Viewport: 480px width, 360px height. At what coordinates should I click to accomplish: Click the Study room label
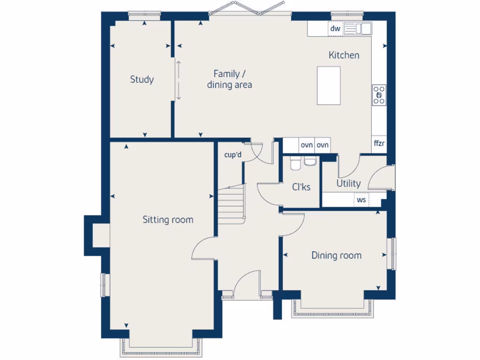tap(142, 80)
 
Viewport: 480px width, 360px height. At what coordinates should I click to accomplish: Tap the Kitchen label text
tap(344, 55)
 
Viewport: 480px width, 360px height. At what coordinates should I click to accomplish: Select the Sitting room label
tap(168, 219)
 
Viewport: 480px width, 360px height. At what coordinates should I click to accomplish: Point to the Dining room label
tap(336, 255)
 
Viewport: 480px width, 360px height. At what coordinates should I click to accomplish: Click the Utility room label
tap(348, 183)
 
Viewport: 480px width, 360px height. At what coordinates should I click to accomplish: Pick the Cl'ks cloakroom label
tap(301, 187)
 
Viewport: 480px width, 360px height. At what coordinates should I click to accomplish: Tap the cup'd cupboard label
tap(232, 155)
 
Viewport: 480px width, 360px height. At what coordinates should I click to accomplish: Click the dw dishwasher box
tap(335, 29)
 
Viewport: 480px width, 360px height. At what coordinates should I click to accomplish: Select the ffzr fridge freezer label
tap(379, 143)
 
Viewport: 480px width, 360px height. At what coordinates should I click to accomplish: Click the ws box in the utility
tap(361, 200)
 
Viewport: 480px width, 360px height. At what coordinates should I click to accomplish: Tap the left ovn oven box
tap(307, 145)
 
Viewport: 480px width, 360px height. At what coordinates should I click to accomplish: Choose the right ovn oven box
tap(322, 145)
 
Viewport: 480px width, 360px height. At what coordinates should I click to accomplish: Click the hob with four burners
tap(379, 95)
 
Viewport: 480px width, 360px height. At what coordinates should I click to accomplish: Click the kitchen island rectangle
tap(329, 85)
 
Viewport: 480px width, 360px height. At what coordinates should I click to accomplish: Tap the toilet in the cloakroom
tap(295, 164)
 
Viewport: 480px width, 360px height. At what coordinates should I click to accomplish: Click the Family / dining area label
tap(229, 79)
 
